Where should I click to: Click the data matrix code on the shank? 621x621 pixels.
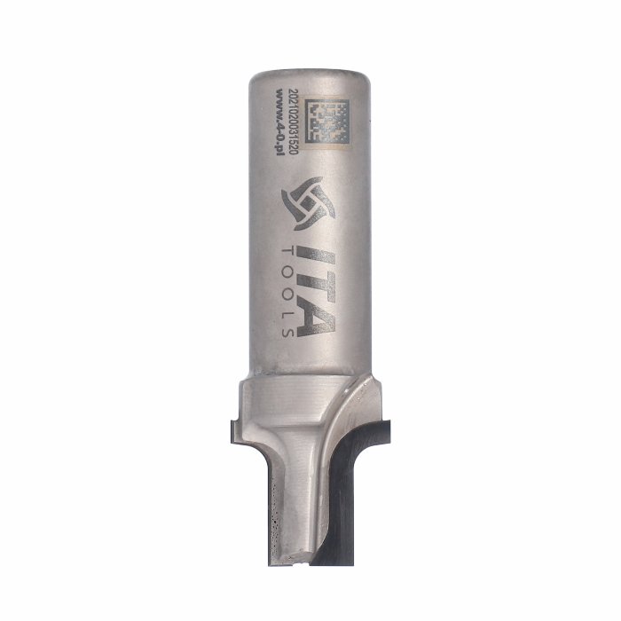[x=329, y=122]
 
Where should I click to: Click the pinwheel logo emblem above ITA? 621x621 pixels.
[x=309, y=203]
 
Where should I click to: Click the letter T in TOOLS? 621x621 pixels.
[x=288, y=251]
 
